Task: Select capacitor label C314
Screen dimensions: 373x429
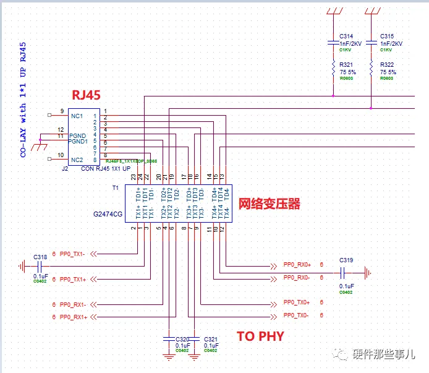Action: (347, 36)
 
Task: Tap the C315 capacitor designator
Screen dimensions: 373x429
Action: (388, 36)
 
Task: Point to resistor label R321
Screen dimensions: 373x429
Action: (347, 64)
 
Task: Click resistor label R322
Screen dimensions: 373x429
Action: (388, 64)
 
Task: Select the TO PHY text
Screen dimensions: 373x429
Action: (261, 336)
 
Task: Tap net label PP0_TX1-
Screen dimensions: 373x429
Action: (73, 253)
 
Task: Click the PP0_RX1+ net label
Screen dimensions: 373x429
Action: (74, 317)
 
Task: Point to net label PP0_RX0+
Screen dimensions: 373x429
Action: (297, 264)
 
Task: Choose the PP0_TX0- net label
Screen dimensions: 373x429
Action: (296, 315)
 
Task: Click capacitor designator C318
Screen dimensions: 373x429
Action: (40, 257)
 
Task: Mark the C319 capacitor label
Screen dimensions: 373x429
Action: (346, 260)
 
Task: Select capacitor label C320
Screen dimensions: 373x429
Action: (182, 340)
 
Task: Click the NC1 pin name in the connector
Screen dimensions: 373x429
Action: (77, 116)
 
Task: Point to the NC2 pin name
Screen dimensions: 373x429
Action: (77, 160)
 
